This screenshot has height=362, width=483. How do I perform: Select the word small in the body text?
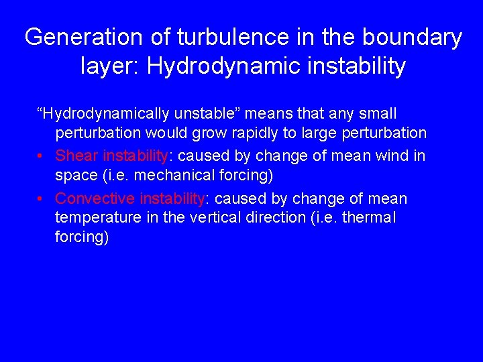coord(379,114)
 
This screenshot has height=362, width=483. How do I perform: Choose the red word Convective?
coord(95,199)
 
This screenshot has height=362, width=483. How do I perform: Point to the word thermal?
coord(368,218)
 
